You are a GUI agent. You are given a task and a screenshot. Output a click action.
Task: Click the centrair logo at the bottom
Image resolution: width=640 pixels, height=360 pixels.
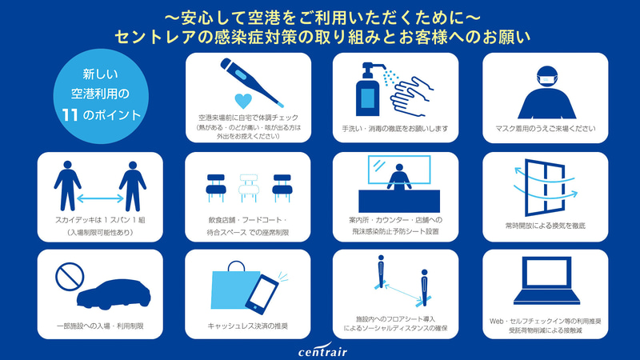pos(322,350)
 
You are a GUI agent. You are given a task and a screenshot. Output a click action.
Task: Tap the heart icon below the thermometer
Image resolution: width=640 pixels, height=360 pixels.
pos(243,101)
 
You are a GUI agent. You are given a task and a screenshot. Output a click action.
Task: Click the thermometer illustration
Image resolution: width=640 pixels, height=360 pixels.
pos(251,82)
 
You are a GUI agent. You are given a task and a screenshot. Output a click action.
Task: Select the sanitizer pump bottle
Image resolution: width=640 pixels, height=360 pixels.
pos(367,90)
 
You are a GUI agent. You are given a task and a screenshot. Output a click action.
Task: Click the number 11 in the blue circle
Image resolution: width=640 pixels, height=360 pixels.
pos(70,115)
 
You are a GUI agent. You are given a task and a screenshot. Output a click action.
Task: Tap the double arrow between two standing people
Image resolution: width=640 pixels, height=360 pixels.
pos(100,198)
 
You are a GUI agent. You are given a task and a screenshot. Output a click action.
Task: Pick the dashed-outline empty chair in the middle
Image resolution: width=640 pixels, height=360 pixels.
pos(249,188)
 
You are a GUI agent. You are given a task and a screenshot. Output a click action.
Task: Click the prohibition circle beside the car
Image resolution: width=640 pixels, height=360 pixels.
pos(70,277)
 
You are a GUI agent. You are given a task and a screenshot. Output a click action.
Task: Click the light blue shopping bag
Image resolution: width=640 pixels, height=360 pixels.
pos(235,286)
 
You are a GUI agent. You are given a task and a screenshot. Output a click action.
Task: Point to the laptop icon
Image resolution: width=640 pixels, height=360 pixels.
pos(546,281)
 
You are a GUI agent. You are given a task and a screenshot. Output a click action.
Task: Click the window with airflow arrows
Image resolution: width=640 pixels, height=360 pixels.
pos(545,187)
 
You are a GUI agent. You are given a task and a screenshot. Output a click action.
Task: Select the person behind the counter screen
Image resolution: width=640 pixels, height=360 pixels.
pos(399,177)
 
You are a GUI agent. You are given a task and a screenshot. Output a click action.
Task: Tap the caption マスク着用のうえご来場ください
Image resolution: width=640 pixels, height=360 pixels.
pos(546,129)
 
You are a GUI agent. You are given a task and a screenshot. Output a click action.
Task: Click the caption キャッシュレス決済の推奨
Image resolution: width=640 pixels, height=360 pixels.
pos(248,326)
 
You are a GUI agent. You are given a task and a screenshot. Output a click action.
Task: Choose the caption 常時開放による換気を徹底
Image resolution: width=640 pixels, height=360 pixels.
pos(546,226)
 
